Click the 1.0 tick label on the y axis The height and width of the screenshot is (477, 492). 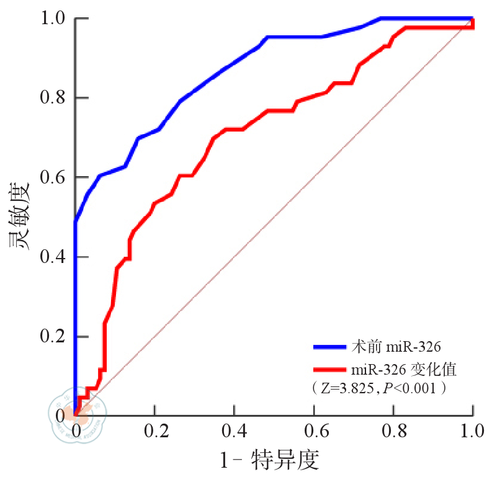51,19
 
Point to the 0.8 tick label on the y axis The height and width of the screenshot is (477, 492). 51,98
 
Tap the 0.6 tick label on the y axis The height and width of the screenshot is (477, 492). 51,177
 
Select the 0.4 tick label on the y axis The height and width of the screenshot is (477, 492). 51,257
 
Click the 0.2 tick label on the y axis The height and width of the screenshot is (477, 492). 51,336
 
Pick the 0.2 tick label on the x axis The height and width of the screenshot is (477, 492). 155,430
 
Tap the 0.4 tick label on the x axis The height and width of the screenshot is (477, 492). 235,430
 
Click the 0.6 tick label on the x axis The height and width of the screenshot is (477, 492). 314,430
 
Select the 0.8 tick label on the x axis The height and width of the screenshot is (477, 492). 393,430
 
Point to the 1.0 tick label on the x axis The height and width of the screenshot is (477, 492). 473,430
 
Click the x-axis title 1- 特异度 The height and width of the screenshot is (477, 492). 269,460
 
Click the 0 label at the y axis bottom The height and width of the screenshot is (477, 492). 60,414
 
